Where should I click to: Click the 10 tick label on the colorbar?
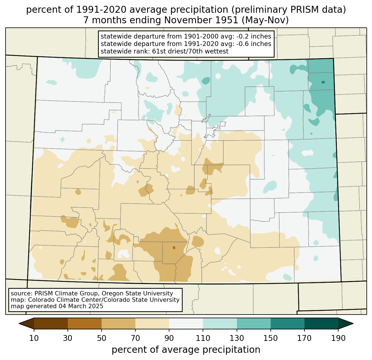coord(34,338)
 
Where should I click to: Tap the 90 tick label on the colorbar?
coord(169,338)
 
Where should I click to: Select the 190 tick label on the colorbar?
coord(338,338)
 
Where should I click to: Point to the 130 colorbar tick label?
coord(237,338)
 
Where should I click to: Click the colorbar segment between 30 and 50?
coord(84,323)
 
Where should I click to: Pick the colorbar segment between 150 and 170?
coord(287,323)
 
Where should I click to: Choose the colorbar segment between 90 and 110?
coord(186,323)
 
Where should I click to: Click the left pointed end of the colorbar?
coord(19,323)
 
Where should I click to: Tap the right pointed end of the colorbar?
coord(353,323)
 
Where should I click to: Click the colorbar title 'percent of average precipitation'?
coord(186,350)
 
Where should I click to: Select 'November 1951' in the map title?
coord(201,20)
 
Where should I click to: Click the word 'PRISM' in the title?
coord(303,10)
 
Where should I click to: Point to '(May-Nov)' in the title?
coord(265,20)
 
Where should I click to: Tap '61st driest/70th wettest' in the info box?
coord(190,51)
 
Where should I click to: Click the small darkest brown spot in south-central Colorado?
coord(174,247)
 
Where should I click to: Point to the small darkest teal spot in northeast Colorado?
coord(323,82)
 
